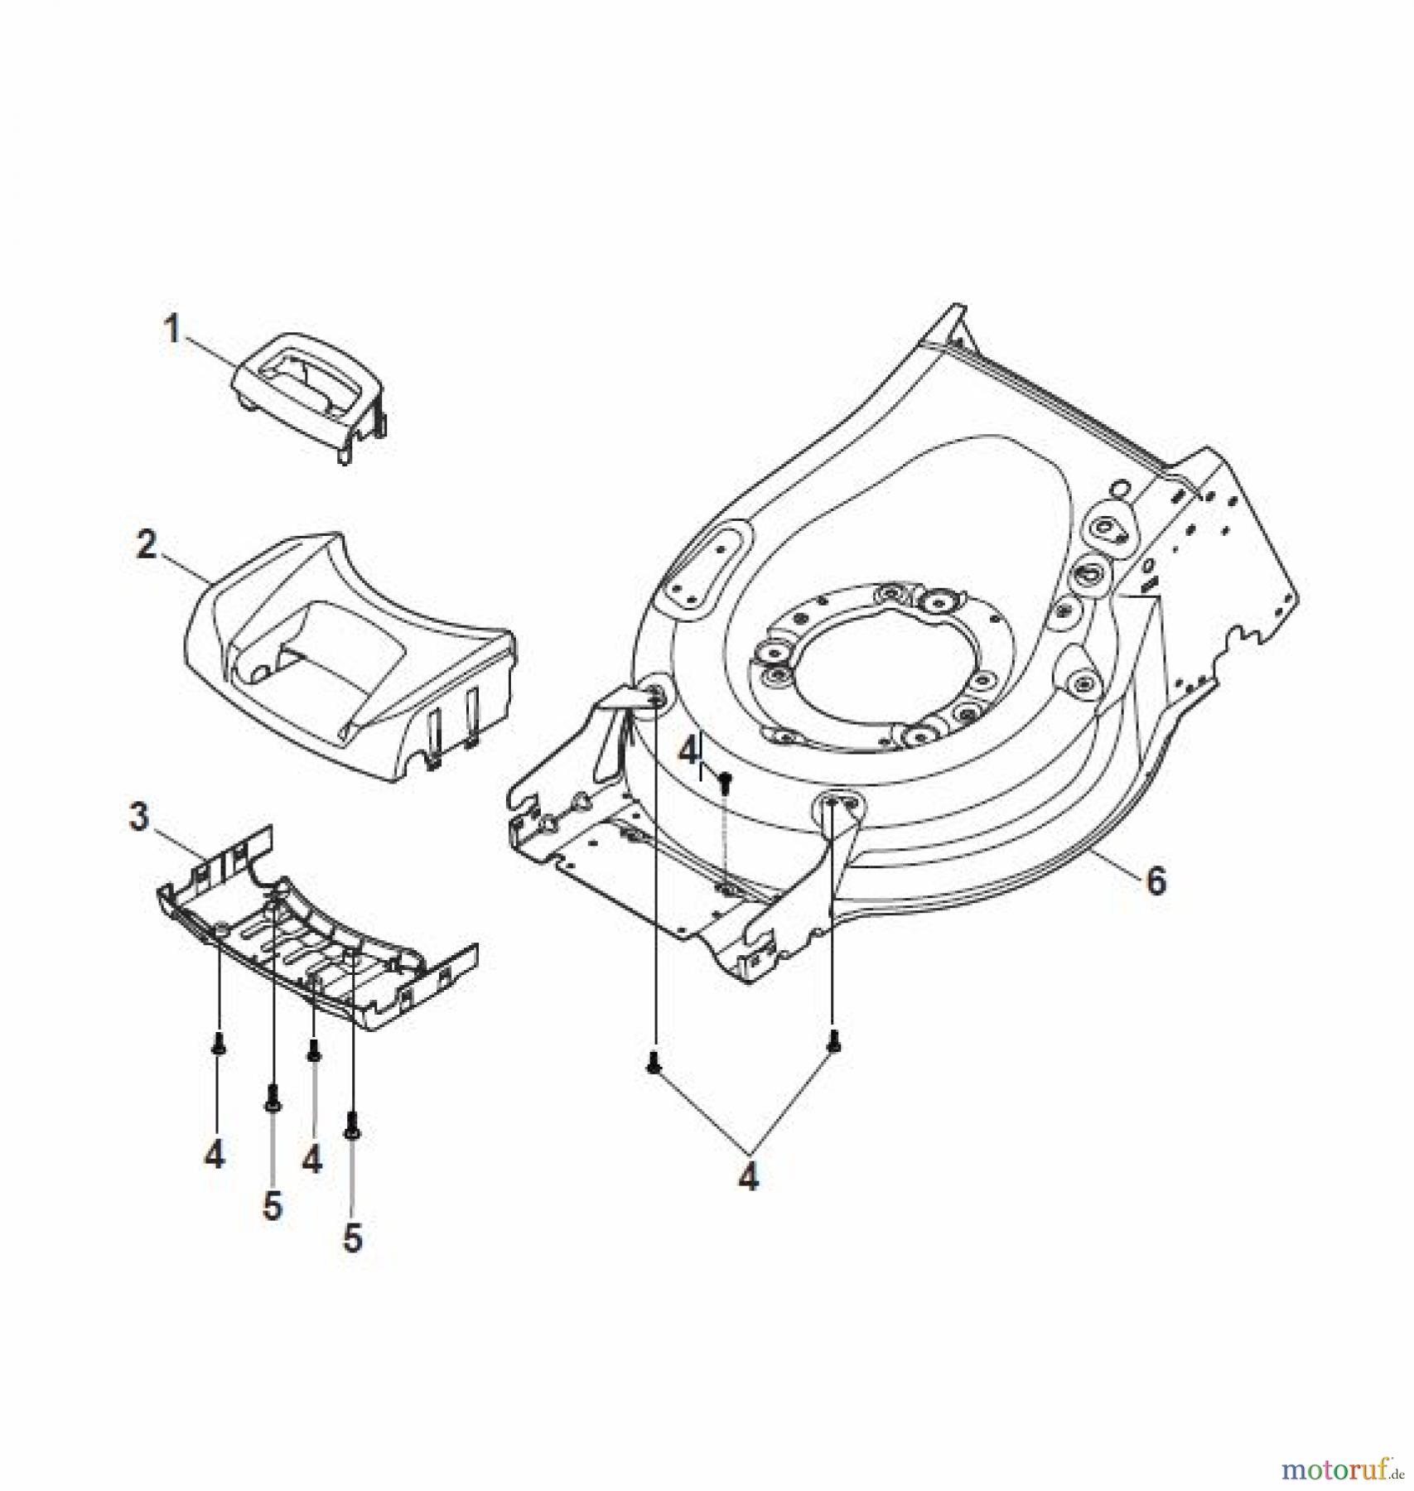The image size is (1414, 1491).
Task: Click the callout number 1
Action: [171, 330]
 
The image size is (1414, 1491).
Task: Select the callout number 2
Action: [146, 544]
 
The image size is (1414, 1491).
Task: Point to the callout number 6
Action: [1156, 881]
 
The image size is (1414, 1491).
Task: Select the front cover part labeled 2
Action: [348, 654]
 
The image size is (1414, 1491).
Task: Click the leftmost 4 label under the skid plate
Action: [215, 1153]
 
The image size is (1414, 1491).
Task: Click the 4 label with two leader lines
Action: [748, 1176]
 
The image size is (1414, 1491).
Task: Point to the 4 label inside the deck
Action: [688, 753]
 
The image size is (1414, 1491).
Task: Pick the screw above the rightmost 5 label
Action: [353, 1125]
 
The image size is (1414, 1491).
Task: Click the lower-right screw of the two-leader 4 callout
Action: [833, 1047]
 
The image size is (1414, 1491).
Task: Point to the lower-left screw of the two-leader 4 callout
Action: [654, 1063]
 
